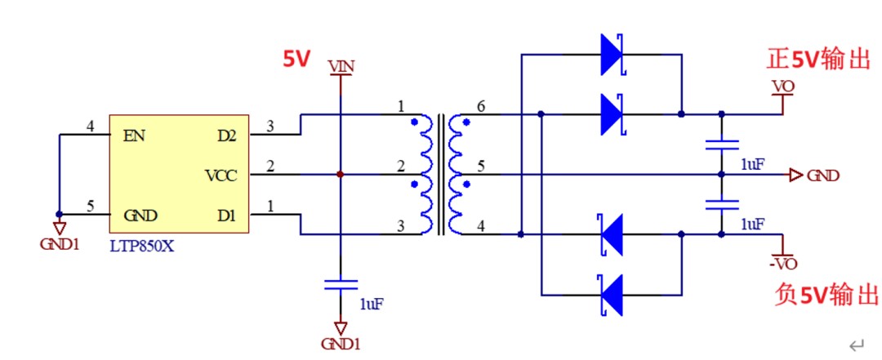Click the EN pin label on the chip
coord(135,136)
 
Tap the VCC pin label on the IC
coord(221,176)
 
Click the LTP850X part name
coord(142,245)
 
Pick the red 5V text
coord(296,59)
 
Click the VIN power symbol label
coord(341,67)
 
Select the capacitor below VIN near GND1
coord(341,285)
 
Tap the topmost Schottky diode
coord(612,55)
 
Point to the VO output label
coord(782,87)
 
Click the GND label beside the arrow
coord(823,176)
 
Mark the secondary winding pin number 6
coord(480,107)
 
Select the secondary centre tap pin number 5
coord(480,167)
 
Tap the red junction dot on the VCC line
coord(341,175)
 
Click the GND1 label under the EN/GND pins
coord(59,244)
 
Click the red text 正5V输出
coord(818,59)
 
